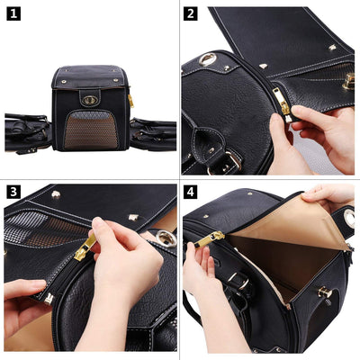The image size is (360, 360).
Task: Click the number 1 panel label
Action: click(14, 14)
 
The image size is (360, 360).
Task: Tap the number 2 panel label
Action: click(191, 14)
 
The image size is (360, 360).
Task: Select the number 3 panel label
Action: click(14, 192)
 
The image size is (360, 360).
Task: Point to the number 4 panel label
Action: click(191, 192)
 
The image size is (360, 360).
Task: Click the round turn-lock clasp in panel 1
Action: click(89, 100)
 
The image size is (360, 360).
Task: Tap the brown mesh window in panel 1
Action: click(91, 130)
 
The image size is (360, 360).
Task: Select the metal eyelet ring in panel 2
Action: click(208, 59)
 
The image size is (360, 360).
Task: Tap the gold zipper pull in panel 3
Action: click(85, 247)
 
